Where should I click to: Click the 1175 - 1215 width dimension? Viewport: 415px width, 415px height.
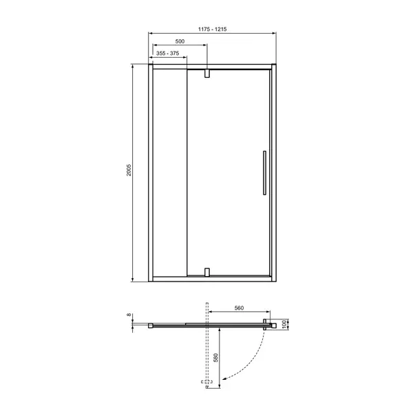[212, 29]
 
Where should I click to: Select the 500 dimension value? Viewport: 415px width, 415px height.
[180, 41]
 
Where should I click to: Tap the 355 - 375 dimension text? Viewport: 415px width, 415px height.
[167, 53]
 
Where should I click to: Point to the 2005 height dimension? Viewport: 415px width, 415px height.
[129, 170]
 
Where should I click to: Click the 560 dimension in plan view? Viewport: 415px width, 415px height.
[239, 308]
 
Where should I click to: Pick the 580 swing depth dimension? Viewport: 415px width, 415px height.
[215, 358]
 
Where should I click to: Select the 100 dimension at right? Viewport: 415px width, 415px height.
[284, 324]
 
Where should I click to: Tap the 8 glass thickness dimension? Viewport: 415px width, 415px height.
[129, 315]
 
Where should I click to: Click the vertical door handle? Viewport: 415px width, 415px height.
[264, 173]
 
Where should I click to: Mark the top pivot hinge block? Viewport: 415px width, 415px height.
[207, 74]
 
